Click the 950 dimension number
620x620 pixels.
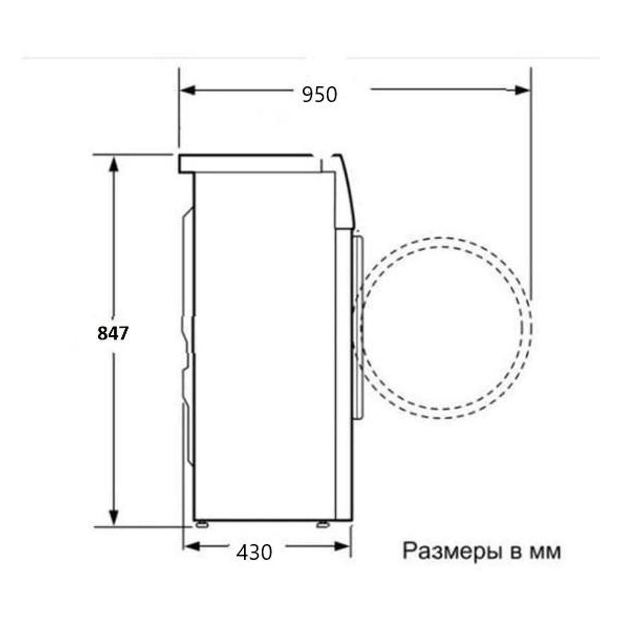pos(319,94)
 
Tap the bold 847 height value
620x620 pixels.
pos(113,333)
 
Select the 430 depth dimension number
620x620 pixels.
pos(254,552)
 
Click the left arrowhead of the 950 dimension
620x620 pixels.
pos(188,91)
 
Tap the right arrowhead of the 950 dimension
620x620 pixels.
pos(522,91)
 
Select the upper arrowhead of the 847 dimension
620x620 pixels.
pos(113,164)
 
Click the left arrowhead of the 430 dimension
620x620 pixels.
pos(192,547)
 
